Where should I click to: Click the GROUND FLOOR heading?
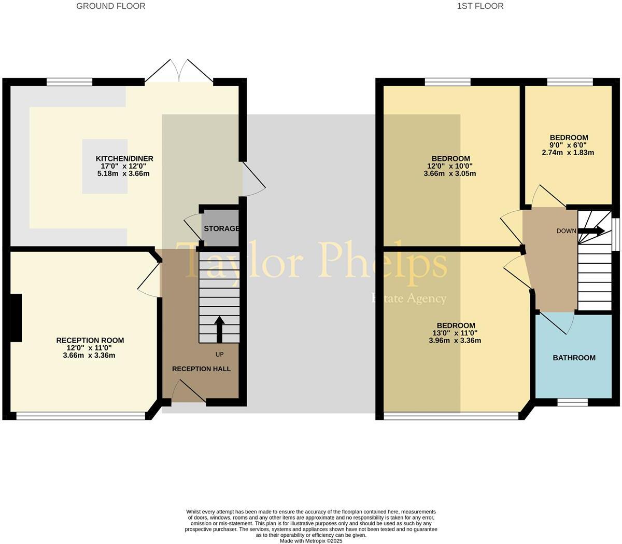coord(110,6)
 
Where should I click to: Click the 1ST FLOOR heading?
coord(480,6)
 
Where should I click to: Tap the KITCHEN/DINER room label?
coord(124,159)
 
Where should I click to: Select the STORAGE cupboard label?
coord(221,228)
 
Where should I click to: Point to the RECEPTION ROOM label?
coord(90,341)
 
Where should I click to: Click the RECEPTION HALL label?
coord(201,369)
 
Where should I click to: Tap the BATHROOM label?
coord(574,358)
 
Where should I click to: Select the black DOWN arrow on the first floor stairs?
coord(590,231)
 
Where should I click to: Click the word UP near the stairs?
coord(219,355)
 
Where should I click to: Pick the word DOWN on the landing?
coord(566,231)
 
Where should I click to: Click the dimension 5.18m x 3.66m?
coord(123,173)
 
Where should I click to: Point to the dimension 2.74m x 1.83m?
coord(568,153)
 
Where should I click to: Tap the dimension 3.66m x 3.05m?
coord(450,173)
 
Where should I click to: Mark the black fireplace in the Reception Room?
coord(16,318)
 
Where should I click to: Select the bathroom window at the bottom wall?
coord(573,402)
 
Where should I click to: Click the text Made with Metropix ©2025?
coord(311,540)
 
